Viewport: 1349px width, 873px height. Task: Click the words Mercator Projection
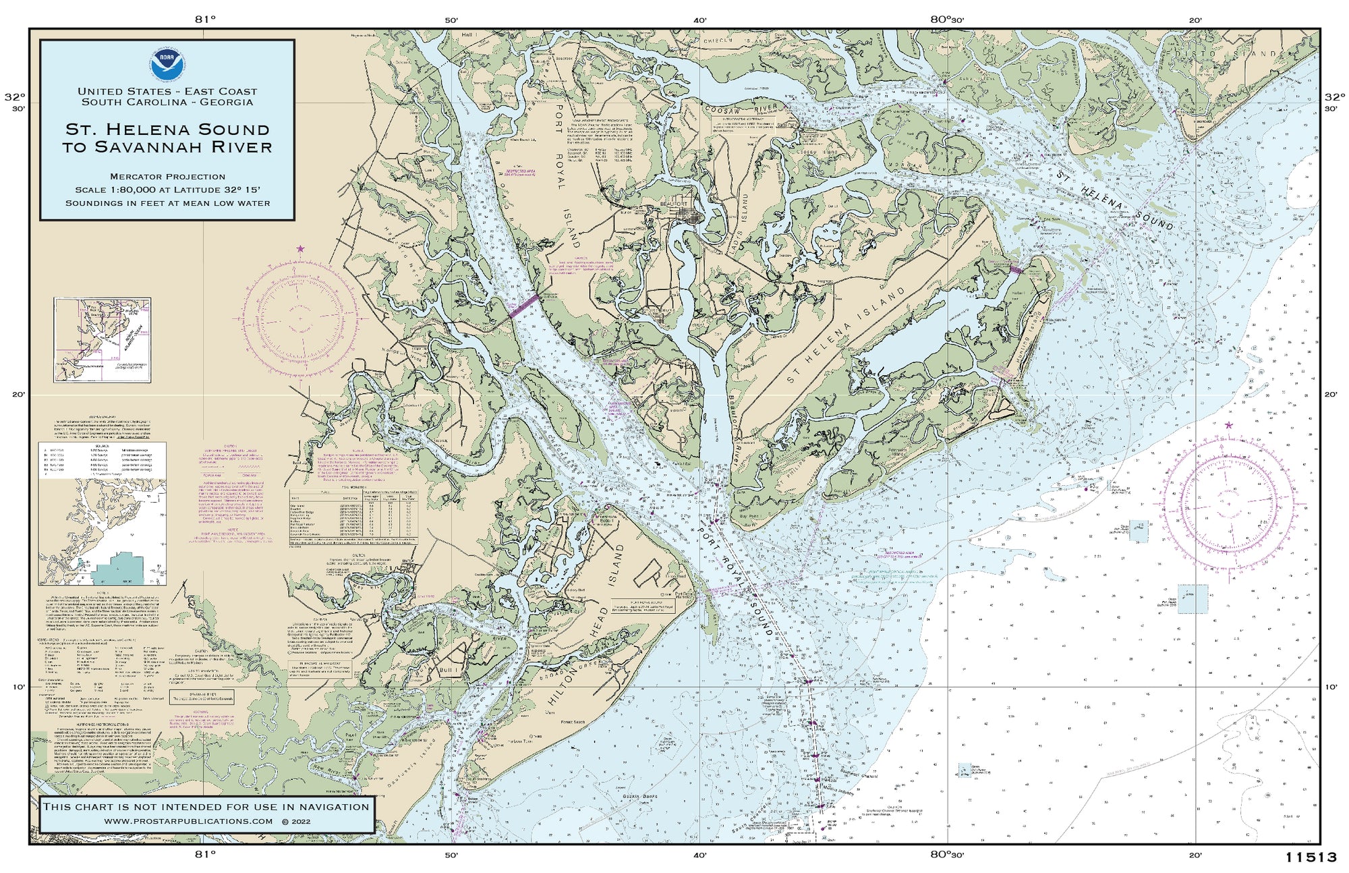click(167, 177)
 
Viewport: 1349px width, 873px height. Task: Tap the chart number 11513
click(1311, 857)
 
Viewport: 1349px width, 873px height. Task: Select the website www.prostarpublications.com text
click(189, 821)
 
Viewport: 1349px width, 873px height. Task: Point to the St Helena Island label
click(846, 335)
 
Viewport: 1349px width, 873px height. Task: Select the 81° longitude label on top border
click(205, 19)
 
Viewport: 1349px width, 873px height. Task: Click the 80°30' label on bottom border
click(947, 854)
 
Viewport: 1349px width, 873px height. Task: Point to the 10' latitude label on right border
click(1330, 687)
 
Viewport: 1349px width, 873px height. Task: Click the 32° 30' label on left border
click(15, 101)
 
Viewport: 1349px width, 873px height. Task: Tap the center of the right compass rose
click(1228, 503)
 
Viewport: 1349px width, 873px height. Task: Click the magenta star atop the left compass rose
click(301, 249)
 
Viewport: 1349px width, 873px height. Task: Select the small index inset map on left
click(103, 340)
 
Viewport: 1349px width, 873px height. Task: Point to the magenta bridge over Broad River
click(523, 305)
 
